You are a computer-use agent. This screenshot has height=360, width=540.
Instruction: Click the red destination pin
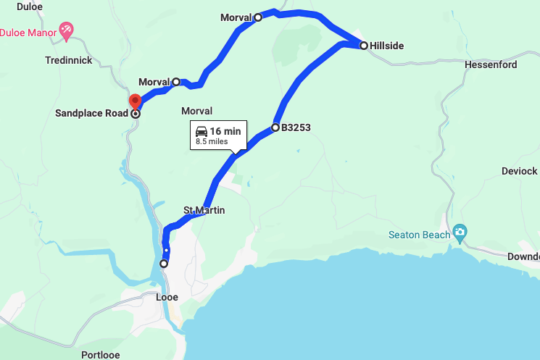(x=134, y=101)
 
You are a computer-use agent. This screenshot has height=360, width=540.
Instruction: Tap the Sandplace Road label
(x=92, y=114)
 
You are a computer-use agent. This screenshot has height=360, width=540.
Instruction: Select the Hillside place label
(x=386, y=46)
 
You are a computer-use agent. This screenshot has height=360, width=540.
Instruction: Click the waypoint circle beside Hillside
(x=363, y=45)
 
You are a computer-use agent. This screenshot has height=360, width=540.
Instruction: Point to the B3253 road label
(x=296, y=127)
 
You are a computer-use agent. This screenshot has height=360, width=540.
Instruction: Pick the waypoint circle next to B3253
(x=275, y=127)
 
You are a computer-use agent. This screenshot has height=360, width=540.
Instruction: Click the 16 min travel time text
(x=225, y=131)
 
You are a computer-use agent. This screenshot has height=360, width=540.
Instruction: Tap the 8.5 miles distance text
(x=217, y=142)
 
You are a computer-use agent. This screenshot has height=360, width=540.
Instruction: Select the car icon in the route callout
(x=202, y=132)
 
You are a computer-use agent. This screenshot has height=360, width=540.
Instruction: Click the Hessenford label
(x=491, y=64)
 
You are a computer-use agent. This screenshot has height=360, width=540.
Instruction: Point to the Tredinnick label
(x=69, y=60)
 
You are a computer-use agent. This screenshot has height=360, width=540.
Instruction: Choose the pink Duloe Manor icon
(x=67, y=30)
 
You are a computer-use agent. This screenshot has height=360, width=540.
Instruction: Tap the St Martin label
(x=204, y=210)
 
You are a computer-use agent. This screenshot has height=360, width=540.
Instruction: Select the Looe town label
(x=167, y=297)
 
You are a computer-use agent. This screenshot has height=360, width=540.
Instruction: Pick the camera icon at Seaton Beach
(x=460, y=233)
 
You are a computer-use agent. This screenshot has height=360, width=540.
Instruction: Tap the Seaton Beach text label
(x=419, y=235)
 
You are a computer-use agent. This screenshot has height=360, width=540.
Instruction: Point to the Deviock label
(x=520, y=171)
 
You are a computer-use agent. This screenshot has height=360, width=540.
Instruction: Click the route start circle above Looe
(x=164, y=264)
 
